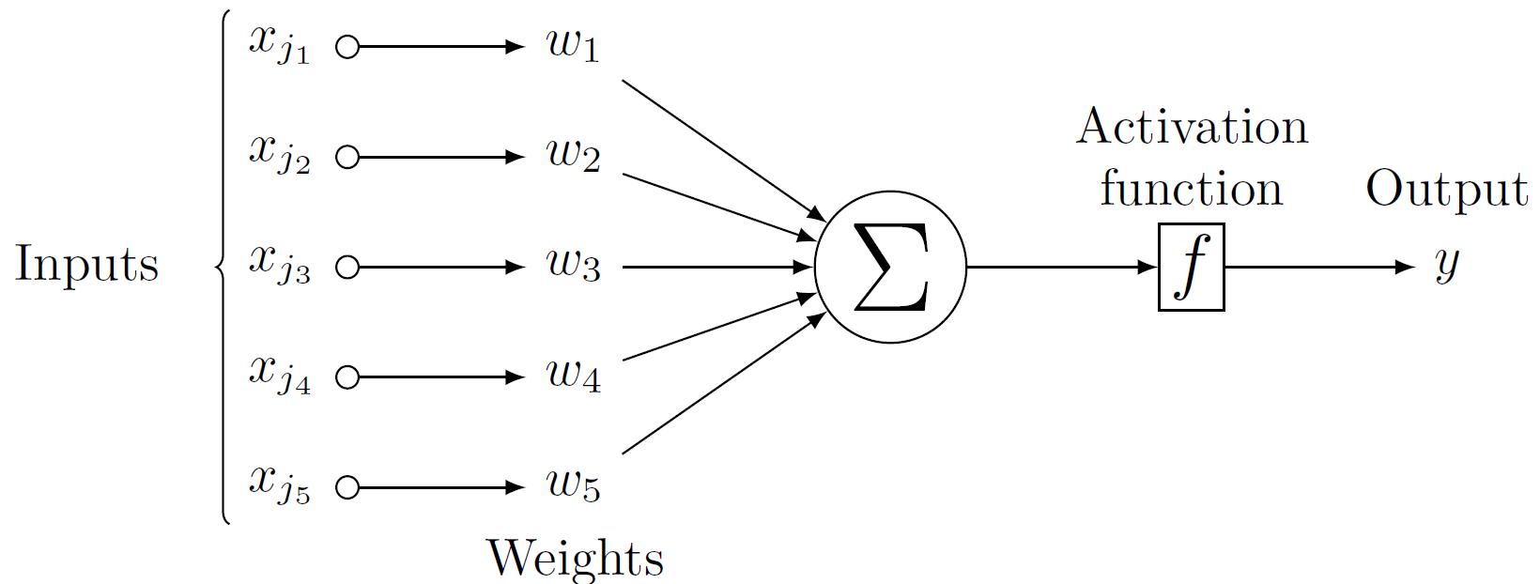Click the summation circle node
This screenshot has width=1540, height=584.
click(x=889, y=268)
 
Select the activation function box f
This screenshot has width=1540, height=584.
click(x=1191, y=268)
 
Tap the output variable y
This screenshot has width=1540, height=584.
click(x=1447, y=266)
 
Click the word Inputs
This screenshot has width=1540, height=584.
click(x=86, y=265)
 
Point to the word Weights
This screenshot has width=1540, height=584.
click(x=575, y=558)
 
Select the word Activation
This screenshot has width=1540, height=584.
click(x=1192, y=127)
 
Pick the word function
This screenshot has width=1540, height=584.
click(x=1191, y=189)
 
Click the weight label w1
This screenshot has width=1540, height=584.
click(x=573, y=47)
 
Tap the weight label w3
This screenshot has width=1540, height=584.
click(x=573, y=268)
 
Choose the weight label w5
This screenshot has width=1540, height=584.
click(x=573, y=486)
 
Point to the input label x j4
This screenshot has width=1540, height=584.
click(x=279, y=374)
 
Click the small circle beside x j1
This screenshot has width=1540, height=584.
click(x=347, y=48)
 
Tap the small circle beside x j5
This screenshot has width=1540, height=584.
click(x=347, y=487)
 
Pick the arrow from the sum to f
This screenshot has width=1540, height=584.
click(x=1061, y=268)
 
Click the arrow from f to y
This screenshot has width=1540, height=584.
click(x=1318, y=268)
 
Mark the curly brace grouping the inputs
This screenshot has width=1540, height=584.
click(x=223, y=268)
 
